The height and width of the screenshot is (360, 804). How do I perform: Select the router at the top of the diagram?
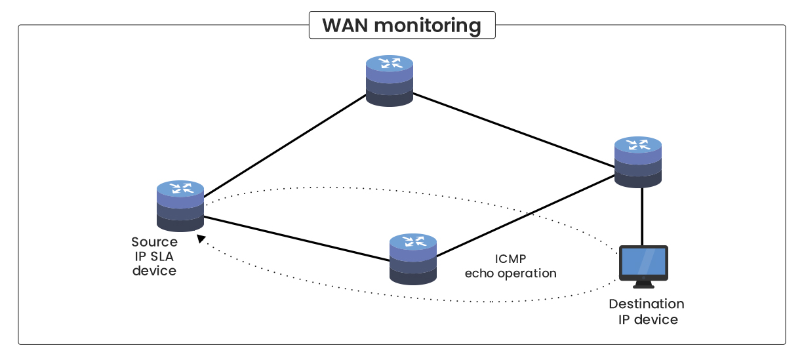tap(390, 81)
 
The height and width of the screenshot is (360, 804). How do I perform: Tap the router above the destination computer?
tap(638, 162)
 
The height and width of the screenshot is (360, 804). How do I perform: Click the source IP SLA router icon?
tap(180, 206)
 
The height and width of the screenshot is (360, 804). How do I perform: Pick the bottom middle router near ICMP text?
tap(412, 258)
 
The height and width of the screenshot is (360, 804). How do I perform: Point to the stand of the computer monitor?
tap(643, 285)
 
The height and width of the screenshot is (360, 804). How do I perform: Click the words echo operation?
tap(510, 273)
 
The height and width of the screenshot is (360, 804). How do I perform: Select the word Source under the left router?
tap(154, 242)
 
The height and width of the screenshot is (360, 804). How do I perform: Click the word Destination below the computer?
tap(646, 304)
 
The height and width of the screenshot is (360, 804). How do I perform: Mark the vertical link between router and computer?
tap(642, 216)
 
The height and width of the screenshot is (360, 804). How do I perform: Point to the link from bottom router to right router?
tap(525, 216)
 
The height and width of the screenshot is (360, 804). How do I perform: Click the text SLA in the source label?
tap(162, 256)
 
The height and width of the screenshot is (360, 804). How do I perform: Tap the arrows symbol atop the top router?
tap(390, 64)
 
